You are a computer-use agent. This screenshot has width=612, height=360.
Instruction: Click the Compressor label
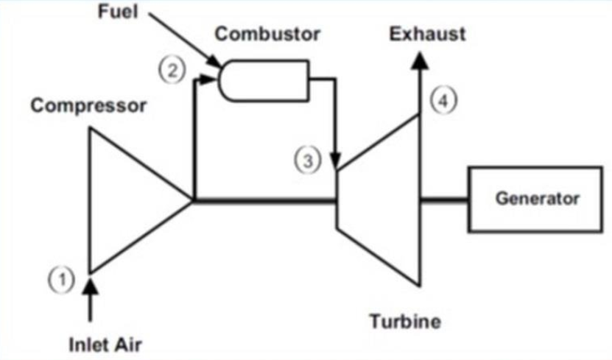[88, 105]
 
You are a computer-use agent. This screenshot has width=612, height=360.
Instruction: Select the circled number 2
[171, 71]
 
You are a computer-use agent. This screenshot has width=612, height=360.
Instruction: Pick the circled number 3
[313, 160]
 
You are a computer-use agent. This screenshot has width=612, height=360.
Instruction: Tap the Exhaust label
[428, 34]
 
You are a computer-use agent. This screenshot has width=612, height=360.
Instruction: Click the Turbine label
[405, 322]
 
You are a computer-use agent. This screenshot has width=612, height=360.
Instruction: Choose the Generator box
[537, 198]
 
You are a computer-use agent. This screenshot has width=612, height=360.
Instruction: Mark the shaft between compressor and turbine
[265, 200]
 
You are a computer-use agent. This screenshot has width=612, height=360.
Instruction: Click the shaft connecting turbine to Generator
[443, 200]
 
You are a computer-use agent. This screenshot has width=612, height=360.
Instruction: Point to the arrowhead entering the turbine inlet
[336, 161]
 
